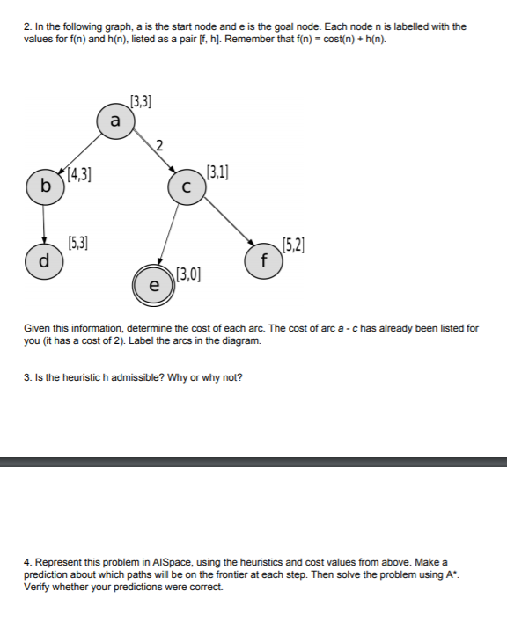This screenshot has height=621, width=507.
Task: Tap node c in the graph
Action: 185,187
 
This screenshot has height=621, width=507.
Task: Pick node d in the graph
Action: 45,260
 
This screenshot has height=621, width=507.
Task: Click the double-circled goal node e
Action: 153,285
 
